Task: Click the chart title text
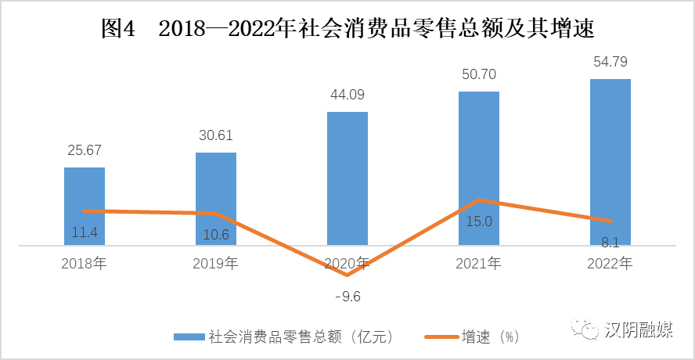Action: pyautogui.click(x=347, y=30)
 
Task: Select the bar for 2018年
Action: pyautogui.click(x=85, y=188)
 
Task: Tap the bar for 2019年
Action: pyautogui.click(x=216, y=180)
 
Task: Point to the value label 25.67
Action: pyautogui.click(x=84, y=149)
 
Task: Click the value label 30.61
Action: pyautogui.click(x=215, y=135)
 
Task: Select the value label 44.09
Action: pyautogui.click(x=347, y=95)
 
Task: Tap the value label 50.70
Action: pyautogui.click(x=478, y=75)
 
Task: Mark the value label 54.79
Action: pyautogui.click(x=610, y=62)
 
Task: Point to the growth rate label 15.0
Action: pyautogui.click(x=479, y=221)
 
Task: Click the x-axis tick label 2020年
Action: pyautogui.click(x=347, y=264)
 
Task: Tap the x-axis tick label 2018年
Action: pyautogui.click(x=84, y=264)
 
